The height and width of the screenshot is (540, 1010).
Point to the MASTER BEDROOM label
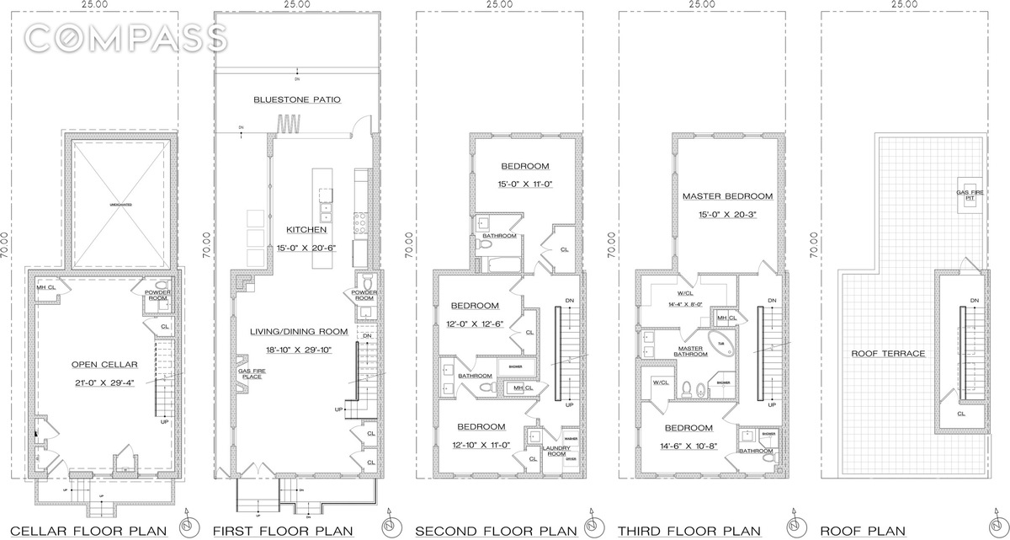coord(727,196)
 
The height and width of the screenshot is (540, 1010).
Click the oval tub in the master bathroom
coord(721,343)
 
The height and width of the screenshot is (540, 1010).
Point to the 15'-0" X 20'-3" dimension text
coord(727,213)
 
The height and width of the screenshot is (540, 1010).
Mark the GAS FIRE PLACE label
coord(251,373)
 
